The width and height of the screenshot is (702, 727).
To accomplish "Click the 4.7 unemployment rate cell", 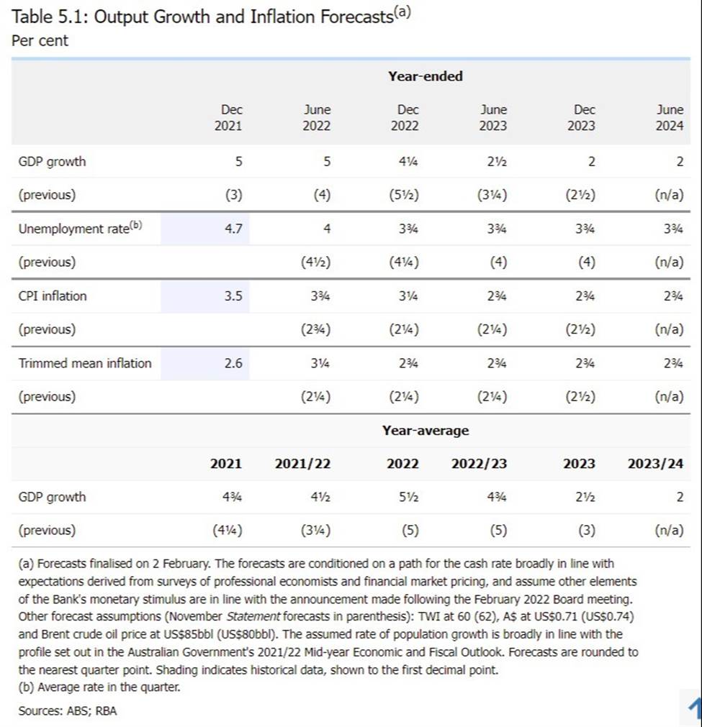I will pyautogui.click(x=233, y=229).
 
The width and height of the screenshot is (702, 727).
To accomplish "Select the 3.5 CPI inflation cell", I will pyautogui.click(x=233, y=296).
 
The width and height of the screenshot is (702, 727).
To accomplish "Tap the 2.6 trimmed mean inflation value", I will pyautogui.click(x=233, y=363).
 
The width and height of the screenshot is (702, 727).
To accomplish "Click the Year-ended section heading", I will pyautogui.click(x=425, y=76).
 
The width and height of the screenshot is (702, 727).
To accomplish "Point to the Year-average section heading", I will pyautogui.click(x=425, y=430).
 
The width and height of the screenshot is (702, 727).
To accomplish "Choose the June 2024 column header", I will pyautogui.click(x=670, y=117).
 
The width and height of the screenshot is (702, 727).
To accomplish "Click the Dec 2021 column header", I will pyautogui.click(x=231, y=117).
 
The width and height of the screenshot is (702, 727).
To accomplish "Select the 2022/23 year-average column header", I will pyautogui.click(x=479, y=464).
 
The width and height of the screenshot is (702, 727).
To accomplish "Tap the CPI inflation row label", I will pyautogui.click(x=53, y=296).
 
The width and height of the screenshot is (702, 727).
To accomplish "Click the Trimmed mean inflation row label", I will pyautogui.click(x=85, y=363).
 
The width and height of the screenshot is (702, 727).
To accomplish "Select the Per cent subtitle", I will pyautogui.click(x=40, y=41).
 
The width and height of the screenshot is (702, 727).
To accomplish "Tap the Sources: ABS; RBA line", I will pyautogui.click(x=68, y=710).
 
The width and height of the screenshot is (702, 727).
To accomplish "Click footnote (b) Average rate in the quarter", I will pyautogui.click(x=99, y=687).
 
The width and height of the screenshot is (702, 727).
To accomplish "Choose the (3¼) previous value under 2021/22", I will pyautogui.click(x=315, y=531).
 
